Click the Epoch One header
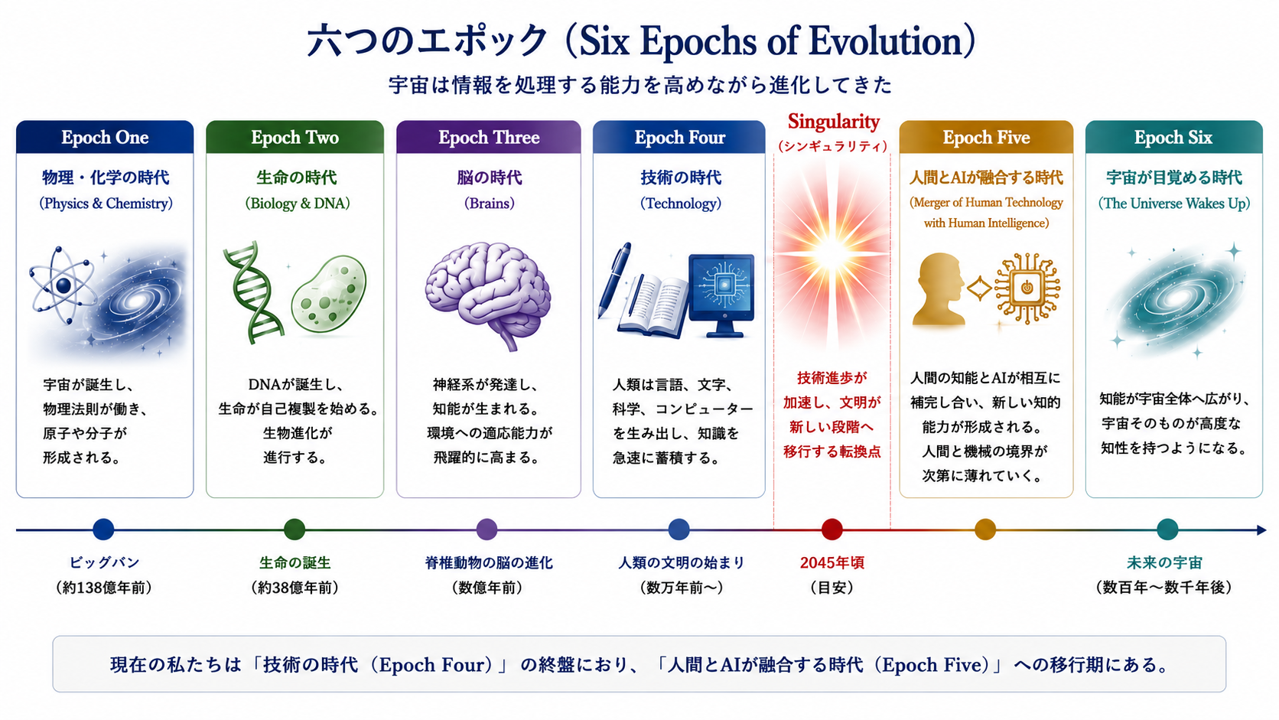(105, 137)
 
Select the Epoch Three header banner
(488, 137)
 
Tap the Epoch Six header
(1173, 137)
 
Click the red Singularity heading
(834, 122)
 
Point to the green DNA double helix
(252, 292)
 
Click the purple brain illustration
(488, 294)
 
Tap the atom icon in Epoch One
(63, 285)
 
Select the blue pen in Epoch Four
(614, 280)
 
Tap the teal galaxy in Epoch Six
(1175, 300)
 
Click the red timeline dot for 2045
(832, 529)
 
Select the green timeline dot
(295, 529)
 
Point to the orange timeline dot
(985, 529)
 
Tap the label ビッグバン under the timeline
(105, 562)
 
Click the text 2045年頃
(832, 562)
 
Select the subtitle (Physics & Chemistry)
(106, 204)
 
